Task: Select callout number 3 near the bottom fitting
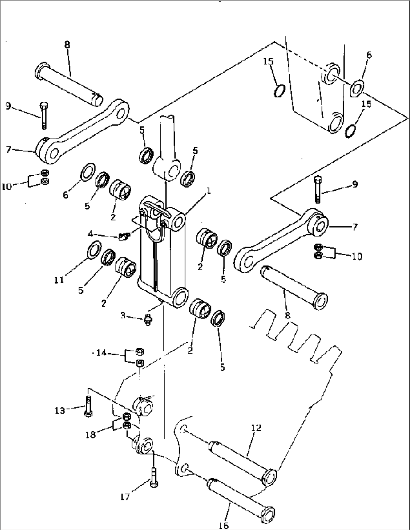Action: tap(123, 315)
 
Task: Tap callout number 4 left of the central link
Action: tap(90, 234)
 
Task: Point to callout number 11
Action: tap(59, 280)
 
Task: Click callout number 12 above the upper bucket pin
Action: tap(256, 428)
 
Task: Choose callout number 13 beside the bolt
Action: tap(60, 411)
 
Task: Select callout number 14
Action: tap(101, 353)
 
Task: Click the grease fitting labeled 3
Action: tap(147, 320)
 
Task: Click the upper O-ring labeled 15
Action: tap(279, 91)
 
